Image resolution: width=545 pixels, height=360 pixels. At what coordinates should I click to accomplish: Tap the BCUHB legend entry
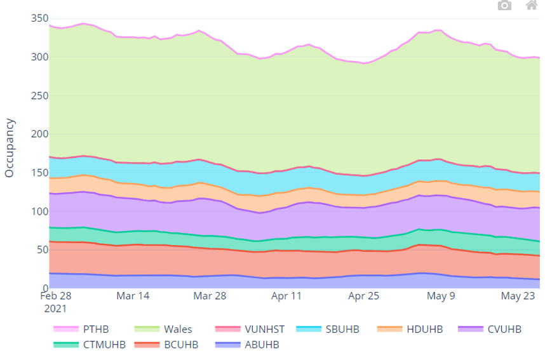(x=181, y=345)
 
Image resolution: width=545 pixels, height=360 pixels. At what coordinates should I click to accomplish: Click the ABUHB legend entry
(x=260, y=345)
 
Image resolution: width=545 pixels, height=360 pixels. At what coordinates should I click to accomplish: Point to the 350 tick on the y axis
(x=39, y=18)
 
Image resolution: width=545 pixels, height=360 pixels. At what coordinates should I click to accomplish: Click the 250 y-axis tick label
(x=39, y=96)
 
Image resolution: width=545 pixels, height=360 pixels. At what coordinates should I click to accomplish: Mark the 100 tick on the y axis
(x=39, y=211)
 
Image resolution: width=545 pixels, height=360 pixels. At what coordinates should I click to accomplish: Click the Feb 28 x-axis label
(x=57, y=296)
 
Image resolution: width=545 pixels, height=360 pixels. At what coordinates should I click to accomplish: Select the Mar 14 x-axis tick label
(x=133, y=296)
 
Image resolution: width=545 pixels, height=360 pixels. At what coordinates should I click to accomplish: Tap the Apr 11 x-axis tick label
(x=286, y=296)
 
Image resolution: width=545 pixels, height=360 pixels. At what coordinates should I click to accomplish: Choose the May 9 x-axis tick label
(x=440, y=296)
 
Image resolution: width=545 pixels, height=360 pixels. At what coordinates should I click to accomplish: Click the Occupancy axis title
(x=10, y=148)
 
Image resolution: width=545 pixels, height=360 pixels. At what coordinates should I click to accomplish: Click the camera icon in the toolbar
(x=504, y=6)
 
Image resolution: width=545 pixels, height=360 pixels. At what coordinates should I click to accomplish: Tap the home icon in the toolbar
(x=531, y=6)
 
